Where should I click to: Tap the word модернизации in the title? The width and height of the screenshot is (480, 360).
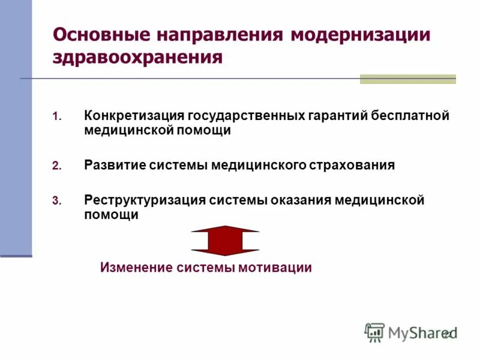point(361,34)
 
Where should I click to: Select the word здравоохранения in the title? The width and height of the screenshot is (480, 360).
point(138,58)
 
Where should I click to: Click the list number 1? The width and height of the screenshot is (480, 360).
point(57,116)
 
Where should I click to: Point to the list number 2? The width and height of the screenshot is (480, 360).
point(57,166)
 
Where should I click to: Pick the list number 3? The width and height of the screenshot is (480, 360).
point(57,201)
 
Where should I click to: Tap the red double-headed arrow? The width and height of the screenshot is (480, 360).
point(225,241)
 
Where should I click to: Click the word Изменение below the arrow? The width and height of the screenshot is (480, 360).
point(136,268)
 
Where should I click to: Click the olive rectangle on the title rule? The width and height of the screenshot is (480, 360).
point(407,79)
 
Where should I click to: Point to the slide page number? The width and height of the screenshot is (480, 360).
point(448,334)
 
